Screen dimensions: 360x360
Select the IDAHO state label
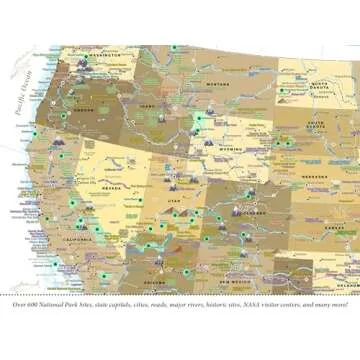pos(149,105)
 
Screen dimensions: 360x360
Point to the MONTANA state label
pos(219,85)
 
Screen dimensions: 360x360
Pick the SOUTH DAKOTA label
pos(315,126)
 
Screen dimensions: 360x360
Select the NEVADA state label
pos(112,187)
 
